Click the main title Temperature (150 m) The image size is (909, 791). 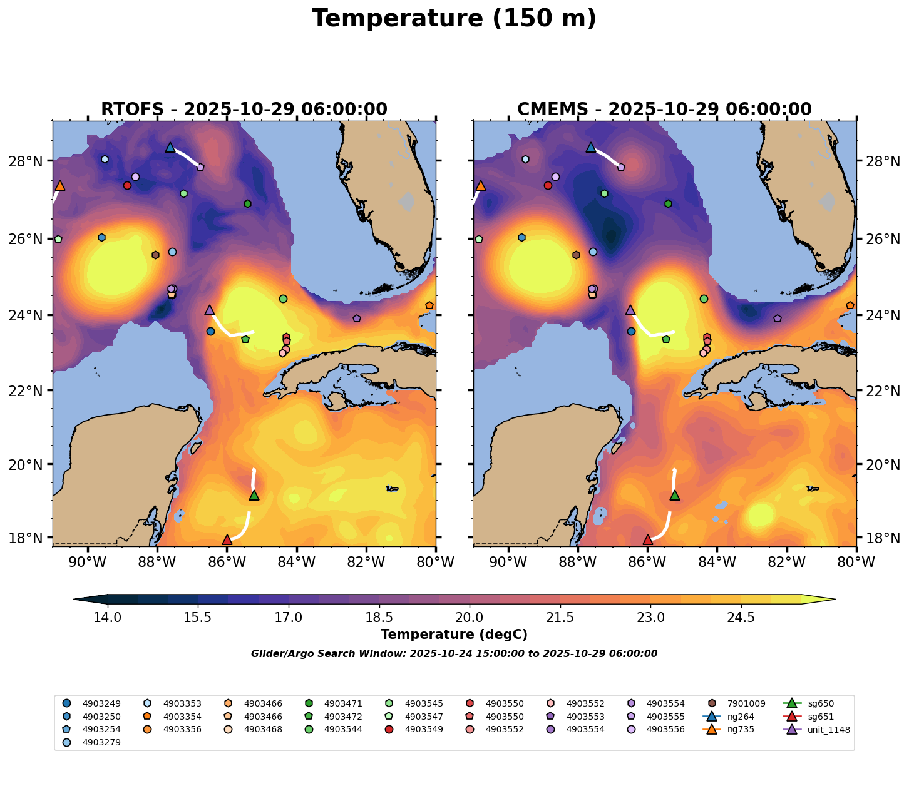pos(454,19)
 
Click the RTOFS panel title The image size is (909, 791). pos(244,110)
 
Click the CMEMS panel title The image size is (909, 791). pos(664,110)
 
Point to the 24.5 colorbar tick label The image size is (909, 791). pos(741,618)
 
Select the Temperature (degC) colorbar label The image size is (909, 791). pos(454,635)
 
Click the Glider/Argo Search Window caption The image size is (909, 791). pos(454,654)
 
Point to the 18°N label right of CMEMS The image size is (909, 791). pos(877,538)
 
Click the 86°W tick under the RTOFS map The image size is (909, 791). pos(227,563)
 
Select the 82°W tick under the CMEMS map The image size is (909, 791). pos(786,563)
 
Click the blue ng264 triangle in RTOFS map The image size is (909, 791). pos(170,148)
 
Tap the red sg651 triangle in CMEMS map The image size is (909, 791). pos(648,539)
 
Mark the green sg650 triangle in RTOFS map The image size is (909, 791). pos(254,495)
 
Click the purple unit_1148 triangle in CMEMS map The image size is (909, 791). pos(630,310)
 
